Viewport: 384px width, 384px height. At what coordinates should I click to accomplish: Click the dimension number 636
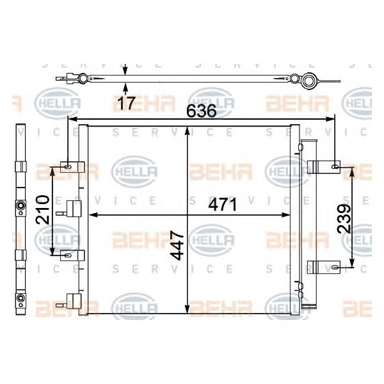202,111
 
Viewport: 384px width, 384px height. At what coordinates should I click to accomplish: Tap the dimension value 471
223,205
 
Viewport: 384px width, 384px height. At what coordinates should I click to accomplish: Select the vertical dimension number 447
177,245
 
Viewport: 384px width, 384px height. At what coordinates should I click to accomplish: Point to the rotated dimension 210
43,210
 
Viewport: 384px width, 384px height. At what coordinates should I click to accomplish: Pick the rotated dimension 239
344,218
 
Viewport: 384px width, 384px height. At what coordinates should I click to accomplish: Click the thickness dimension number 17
126,103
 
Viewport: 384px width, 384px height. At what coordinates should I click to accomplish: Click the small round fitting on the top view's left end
83,79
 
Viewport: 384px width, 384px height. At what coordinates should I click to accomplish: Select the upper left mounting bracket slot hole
68,167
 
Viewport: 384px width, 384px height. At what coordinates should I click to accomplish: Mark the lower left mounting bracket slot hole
68,255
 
